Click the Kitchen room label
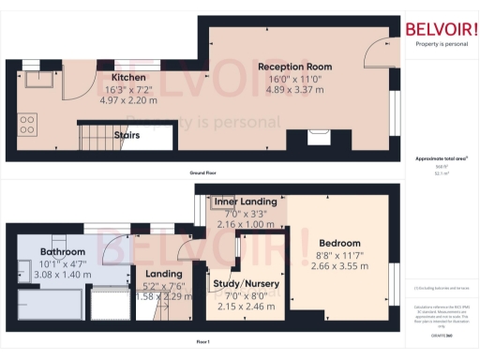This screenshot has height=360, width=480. (x=127, y=77)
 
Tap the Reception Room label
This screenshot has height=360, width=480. (x=295, y=67)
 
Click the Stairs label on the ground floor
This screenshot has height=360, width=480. (x=127, y=135)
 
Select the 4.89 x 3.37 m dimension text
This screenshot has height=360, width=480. (x=295, y=91)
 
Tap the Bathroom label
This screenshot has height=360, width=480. (x=62, y=252)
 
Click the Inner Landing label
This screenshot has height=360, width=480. (x=246, y=202)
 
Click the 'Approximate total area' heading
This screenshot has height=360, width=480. (x=440, y=158)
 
